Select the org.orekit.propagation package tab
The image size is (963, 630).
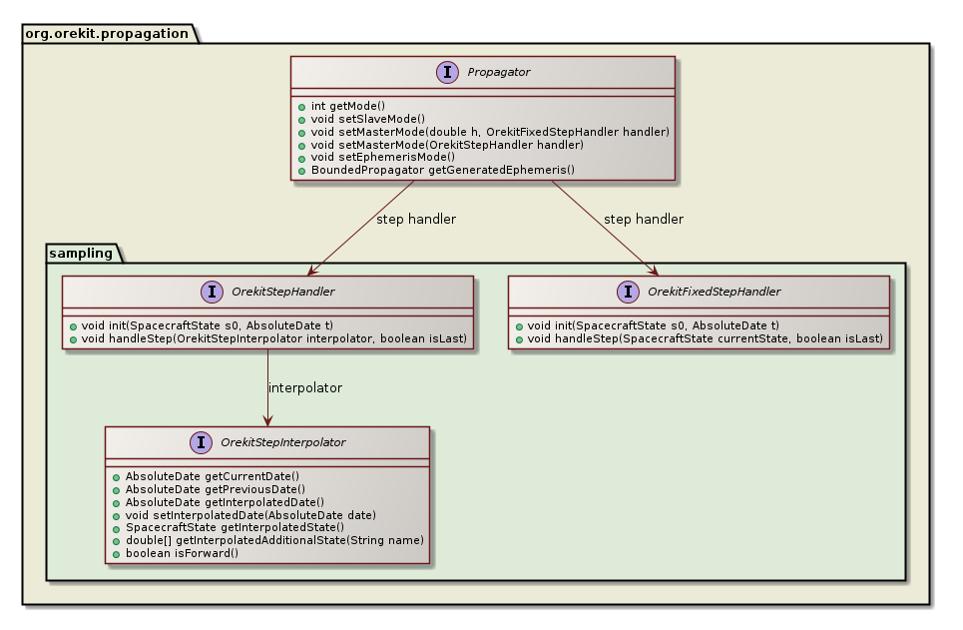coord(107,33)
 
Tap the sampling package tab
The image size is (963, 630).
coord(82,253)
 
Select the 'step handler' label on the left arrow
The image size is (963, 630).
coord(416,219)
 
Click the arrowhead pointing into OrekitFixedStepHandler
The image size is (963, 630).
coord(654,271)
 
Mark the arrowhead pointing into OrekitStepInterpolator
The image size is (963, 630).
coord(267,420)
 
